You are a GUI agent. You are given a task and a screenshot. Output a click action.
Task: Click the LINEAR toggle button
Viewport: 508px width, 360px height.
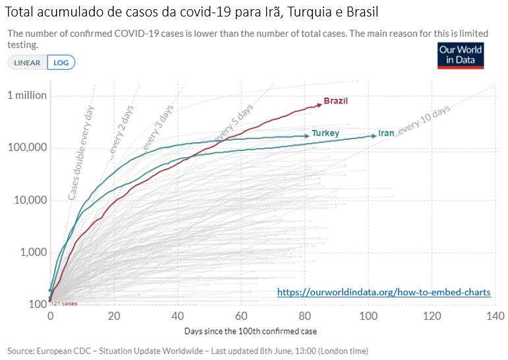(x=27, y=63)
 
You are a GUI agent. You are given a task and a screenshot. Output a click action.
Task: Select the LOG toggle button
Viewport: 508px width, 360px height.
(x=61, y=63)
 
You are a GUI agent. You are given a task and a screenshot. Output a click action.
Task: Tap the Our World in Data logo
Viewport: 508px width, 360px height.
(x=461, y=55)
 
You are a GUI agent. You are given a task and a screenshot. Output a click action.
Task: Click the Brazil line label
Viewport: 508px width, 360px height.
(x=335, y=101)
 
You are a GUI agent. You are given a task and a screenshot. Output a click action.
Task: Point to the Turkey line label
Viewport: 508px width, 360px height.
(x=325, y=133)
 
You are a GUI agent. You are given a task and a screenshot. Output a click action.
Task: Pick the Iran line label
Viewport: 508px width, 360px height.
(x=386, y=133)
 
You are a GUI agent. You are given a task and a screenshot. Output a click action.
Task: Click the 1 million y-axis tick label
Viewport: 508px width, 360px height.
(x=27, y=95)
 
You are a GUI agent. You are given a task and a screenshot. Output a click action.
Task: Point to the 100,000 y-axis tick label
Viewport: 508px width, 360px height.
(x=27, y=147)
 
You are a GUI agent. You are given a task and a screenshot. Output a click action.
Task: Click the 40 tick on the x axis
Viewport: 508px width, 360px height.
(x=177, y=316)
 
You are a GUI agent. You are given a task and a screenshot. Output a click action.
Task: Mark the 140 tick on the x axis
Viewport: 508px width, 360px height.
(x=494, y=316)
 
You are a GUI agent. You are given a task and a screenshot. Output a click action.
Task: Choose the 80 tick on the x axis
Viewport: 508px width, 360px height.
(x=305, y=316)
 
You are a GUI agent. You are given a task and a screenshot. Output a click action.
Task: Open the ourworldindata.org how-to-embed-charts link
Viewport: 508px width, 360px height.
(x=383, y=292)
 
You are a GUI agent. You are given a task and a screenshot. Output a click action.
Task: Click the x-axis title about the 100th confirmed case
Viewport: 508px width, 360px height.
(x=250, y=330)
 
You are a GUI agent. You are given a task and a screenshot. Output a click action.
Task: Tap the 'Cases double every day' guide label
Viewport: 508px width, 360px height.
(x=81, y=152)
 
